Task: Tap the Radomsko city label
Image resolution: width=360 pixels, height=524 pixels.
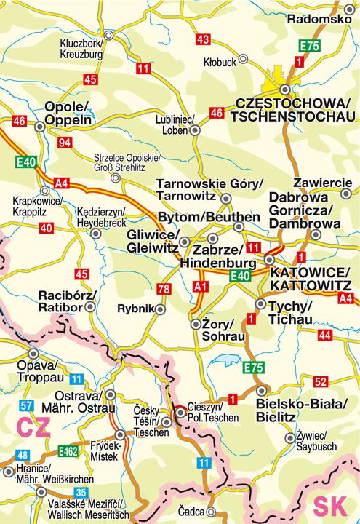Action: [319, 19]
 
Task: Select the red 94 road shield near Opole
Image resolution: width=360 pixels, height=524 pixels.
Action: [65, 142]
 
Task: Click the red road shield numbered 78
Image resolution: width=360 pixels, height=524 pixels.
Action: [164, 290]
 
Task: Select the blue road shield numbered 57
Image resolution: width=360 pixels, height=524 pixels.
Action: [27, 405]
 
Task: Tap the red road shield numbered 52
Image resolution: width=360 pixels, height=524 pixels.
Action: [321, 381]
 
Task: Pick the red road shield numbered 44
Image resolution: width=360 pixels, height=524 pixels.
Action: [324, 335]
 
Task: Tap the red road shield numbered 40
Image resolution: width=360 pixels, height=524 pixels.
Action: [46, 229]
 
